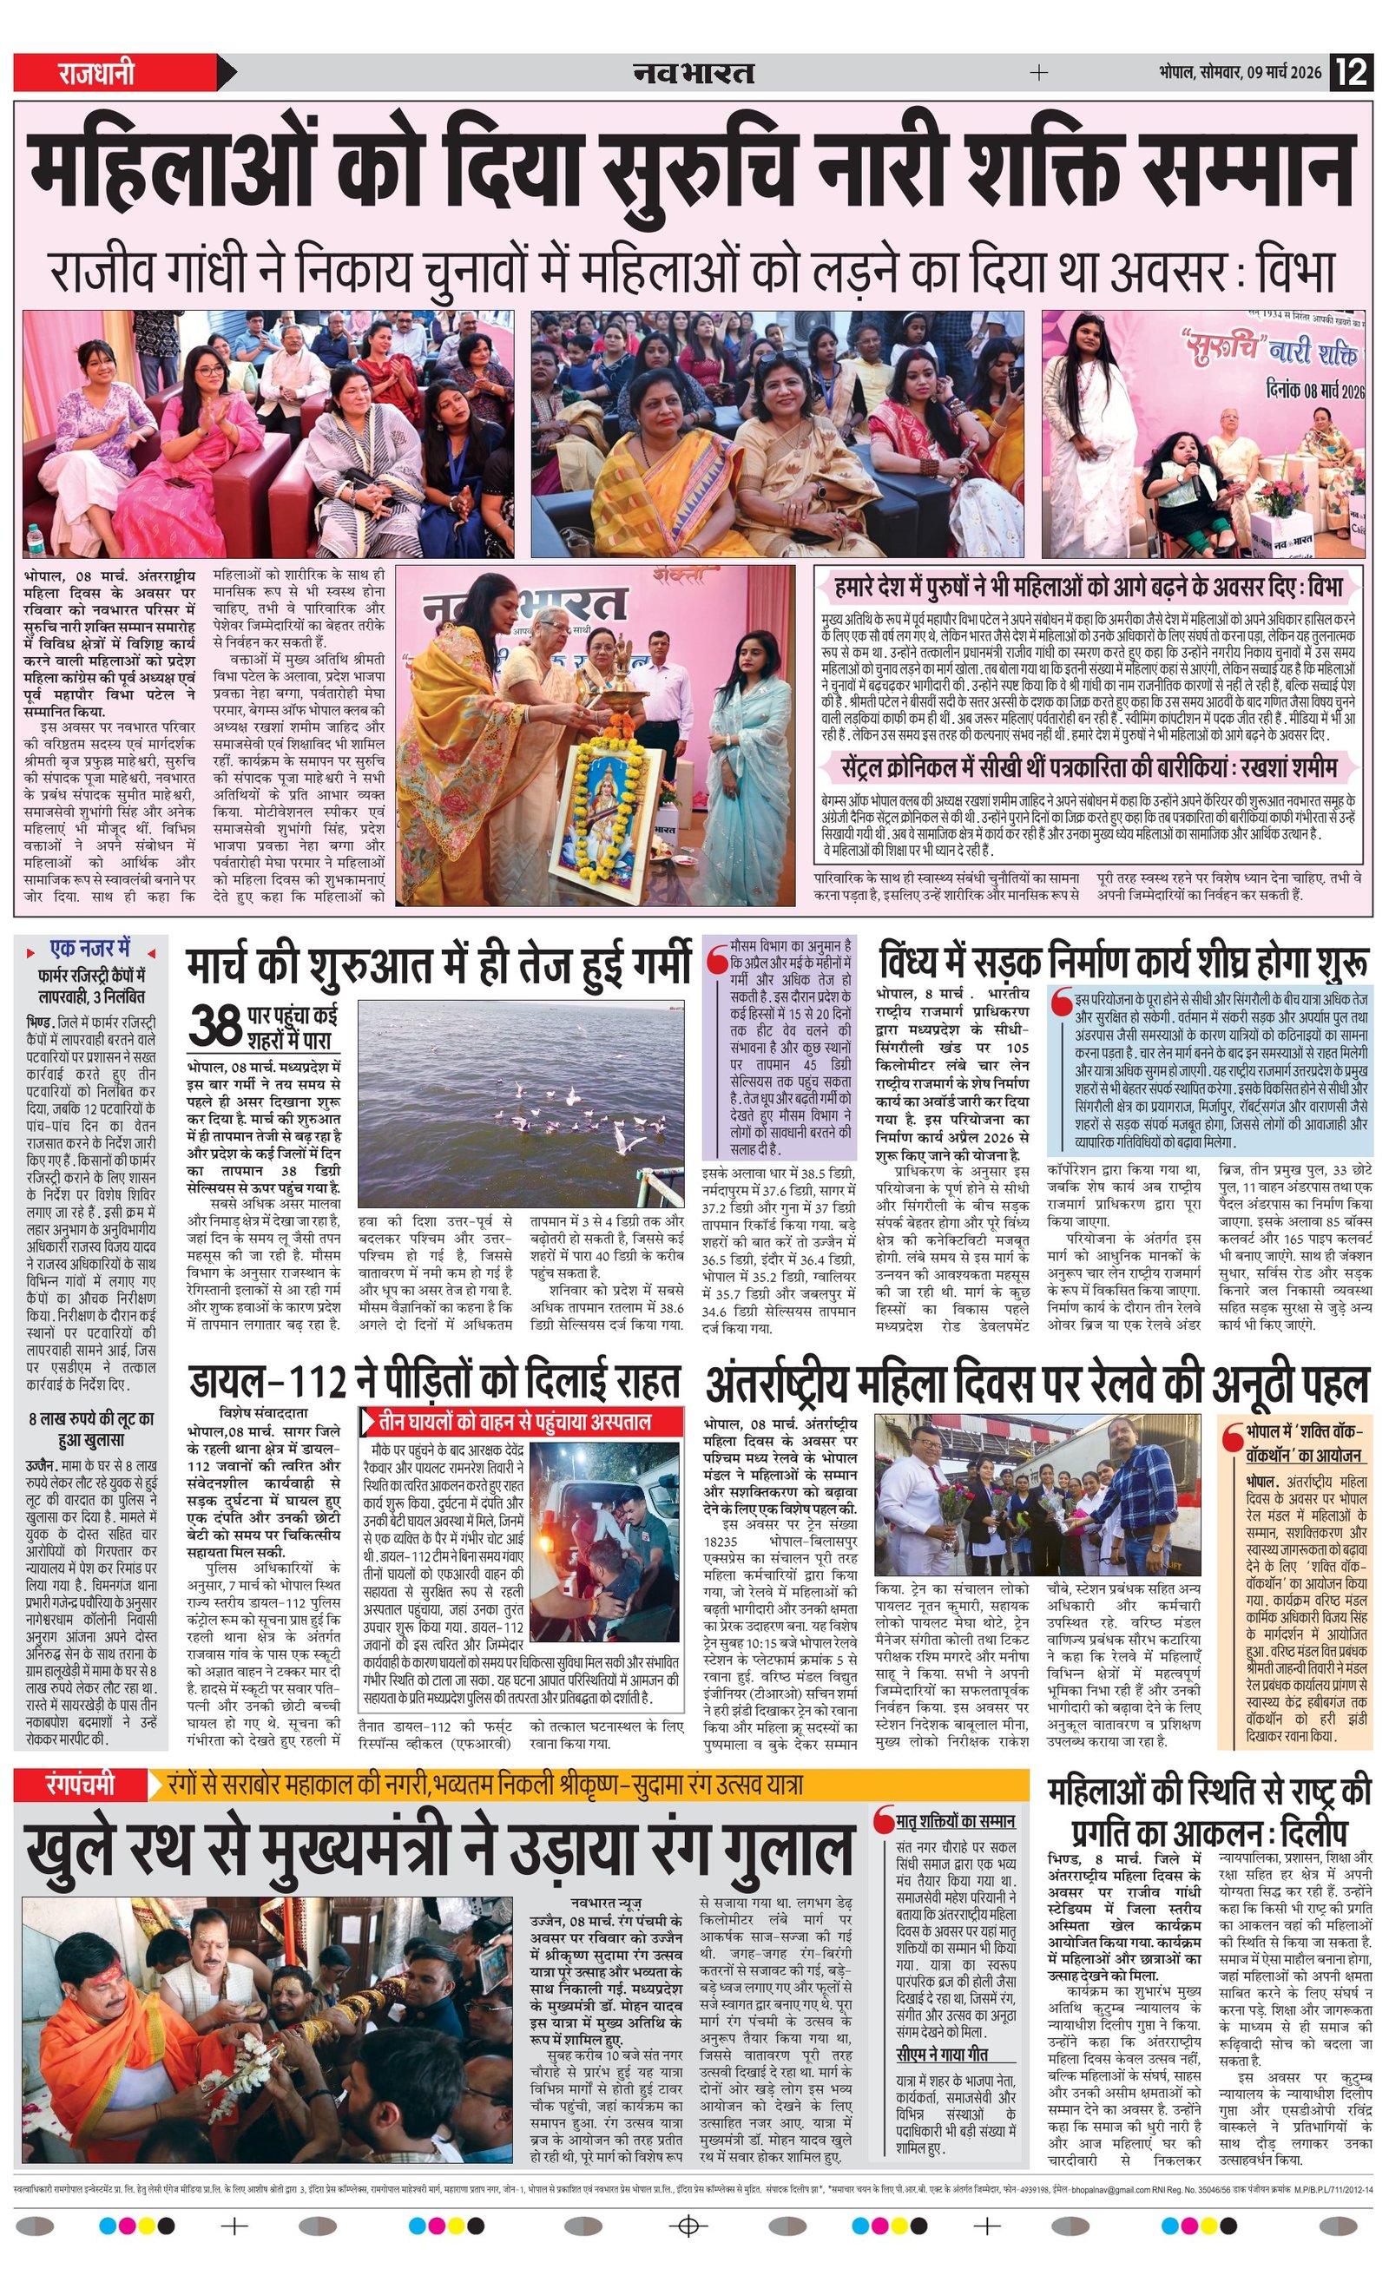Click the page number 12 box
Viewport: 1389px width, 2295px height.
(x=1353, y=72)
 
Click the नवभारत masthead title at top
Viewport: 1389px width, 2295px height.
(x=693, y=73)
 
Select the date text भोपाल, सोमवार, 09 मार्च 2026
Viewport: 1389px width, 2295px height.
(x=1240, y=73)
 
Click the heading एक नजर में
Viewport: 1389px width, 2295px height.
(x=90, y=949)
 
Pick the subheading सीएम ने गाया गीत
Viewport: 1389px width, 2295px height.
(x=942, y=2054)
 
